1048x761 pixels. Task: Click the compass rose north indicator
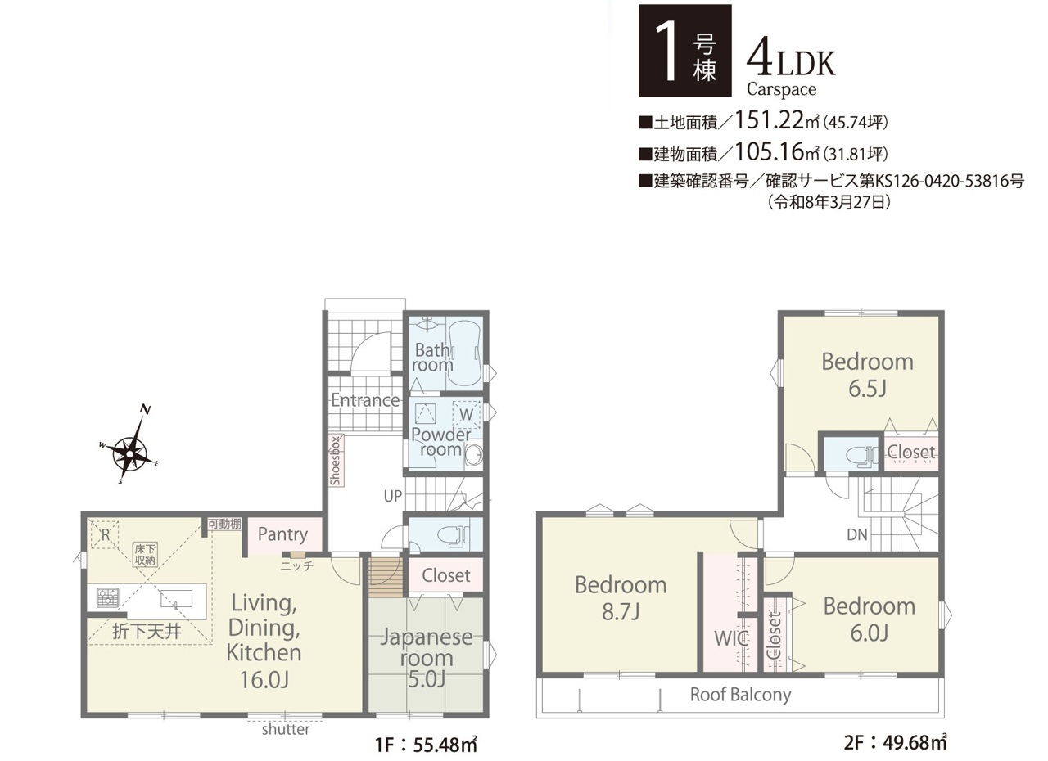point(146,411)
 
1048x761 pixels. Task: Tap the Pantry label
point(282,534)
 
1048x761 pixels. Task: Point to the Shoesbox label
point(335,461)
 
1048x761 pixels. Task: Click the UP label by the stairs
point(392,496)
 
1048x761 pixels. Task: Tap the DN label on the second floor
point(856,534)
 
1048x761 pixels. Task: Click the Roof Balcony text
point(740,695)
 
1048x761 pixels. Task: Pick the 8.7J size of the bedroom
point(621,611)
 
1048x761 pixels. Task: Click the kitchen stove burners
point(107,598)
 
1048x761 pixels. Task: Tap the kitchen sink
point(176,599)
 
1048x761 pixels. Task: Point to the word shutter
point(286,729)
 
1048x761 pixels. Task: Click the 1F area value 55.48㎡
point(445,745)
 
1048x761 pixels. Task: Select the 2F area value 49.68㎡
point(912,743)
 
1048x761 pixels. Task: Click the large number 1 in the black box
point(666,51)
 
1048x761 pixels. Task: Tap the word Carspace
point(781,89)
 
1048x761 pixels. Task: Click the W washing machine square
point(466,415)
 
